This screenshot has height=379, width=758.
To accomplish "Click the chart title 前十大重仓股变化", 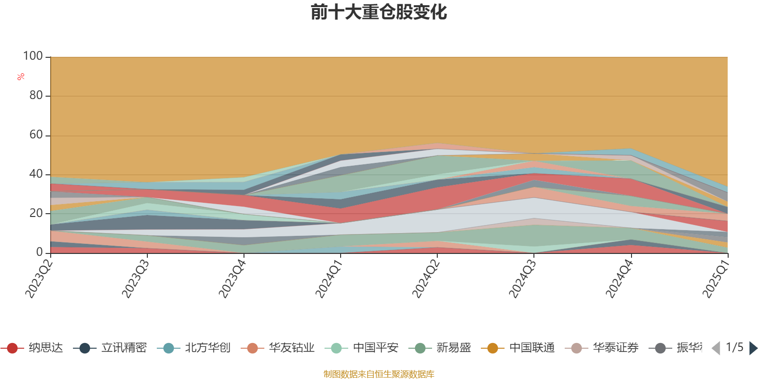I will point(379,12).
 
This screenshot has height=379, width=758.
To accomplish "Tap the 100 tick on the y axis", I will point(33,56).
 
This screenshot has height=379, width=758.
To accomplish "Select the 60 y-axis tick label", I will point(36,135).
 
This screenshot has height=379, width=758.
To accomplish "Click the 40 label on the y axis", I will point(36,174).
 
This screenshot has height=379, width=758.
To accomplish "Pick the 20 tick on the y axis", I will point(36,214).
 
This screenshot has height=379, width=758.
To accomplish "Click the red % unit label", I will point(21,77).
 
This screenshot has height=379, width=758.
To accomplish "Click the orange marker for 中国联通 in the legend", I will point(493,348).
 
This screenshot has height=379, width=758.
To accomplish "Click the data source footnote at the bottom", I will point(379,374).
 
